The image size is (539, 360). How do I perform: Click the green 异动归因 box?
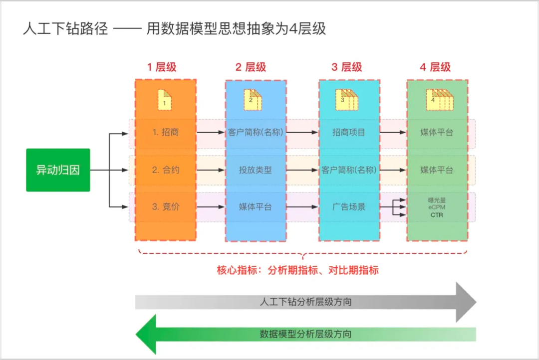coord(58,170)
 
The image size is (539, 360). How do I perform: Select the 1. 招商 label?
coord(165,133)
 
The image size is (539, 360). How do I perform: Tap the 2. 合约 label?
coord(165,170)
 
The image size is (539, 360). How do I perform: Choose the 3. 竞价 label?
coord(165,206)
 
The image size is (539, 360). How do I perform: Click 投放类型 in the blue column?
coord(256,170)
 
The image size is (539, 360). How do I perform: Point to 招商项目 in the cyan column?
coord(349,133)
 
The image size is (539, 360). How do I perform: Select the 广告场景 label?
coord(349,206)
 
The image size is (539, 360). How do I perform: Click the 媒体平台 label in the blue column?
coord(256,206)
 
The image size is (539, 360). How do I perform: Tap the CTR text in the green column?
coord(437,215)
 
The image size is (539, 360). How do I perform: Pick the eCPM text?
coord(437,207)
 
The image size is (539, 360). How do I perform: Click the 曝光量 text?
coord(437,200)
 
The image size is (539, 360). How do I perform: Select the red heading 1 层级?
coord(162,67)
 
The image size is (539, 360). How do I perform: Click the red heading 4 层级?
coord(435,67)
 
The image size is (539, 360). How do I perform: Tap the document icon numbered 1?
coord(165,99)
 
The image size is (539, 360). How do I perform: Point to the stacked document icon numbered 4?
coord(437,99)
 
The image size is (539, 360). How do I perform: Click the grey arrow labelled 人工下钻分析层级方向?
coord(305,302)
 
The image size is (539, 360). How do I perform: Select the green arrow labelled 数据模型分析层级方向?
coord(305,334)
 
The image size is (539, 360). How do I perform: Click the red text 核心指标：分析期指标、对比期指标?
coord(297,271)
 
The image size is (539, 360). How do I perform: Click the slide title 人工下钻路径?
coord(65,28)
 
